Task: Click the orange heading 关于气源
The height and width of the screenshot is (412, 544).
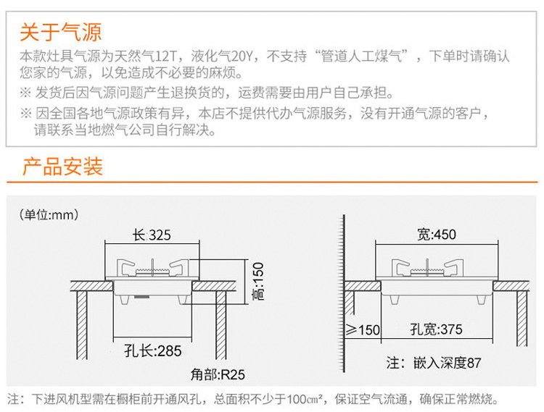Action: (x=60, y=32)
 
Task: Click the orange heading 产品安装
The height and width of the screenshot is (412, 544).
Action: (x=62, y=167)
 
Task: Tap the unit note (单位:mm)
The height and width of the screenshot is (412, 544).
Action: (x=49, y=214)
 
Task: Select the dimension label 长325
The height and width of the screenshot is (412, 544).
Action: (x=152, y=235)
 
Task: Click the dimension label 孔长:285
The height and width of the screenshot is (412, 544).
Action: (x=152, y=351)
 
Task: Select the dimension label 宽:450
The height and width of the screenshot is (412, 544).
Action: (x=437, y=234)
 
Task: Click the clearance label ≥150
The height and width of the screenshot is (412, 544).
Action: (x=363, y=330)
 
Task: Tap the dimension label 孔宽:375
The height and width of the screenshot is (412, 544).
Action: (x=436, y=329)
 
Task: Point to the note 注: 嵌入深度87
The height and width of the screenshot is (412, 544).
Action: (x=433, y=363)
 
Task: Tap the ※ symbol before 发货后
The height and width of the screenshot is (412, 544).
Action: (x=26, y=93)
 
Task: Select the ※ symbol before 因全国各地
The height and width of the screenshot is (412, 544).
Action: (x=26, y=114)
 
